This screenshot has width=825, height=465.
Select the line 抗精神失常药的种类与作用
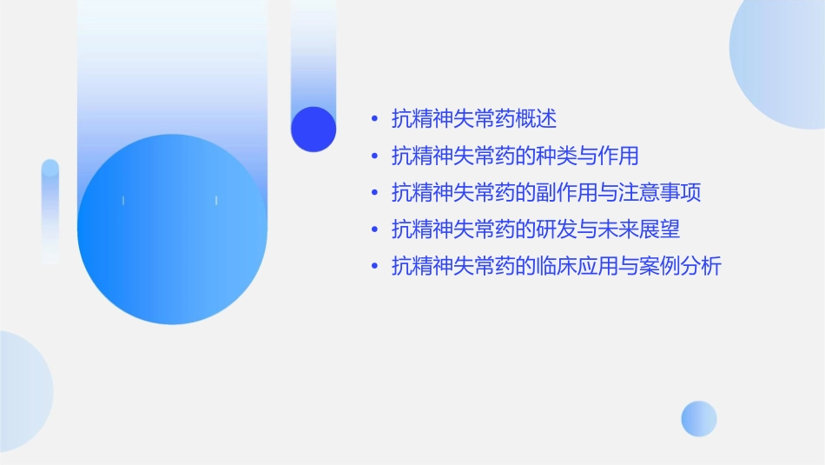click(x=515, y=156)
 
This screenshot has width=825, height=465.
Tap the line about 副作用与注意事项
click(x=546, y=192)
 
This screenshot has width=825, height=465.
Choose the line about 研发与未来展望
click(x=536, y=229)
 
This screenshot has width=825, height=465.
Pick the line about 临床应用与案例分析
click(x=557, y=266)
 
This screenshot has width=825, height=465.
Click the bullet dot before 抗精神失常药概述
click(x=374, y=119)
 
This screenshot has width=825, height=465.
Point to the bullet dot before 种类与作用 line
click(x=374, y=156)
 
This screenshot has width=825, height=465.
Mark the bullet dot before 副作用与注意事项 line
click(x=374, y=193)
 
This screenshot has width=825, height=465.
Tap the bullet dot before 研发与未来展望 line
click(x=374, y=229)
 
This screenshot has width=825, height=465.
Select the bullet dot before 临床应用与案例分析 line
click(x=374, y=266)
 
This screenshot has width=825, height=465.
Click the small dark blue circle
click(x=313, y=129)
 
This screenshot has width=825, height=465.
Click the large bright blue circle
click(x=172, y=229)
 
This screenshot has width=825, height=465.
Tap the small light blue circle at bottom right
click(x=699, y=418)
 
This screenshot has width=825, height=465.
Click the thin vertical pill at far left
click(x=50, y=211)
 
